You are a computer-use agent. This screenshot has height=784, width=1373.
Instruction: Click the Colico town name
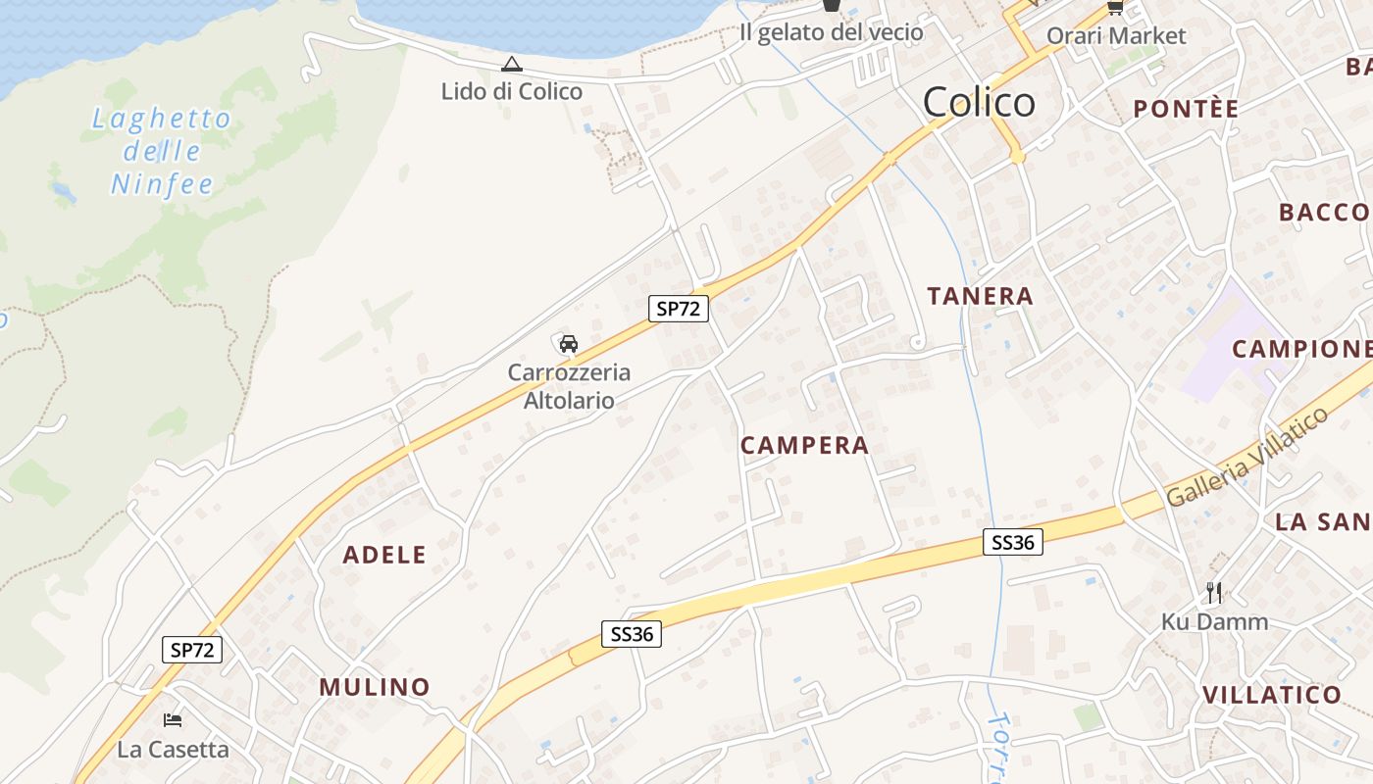click(979, 102)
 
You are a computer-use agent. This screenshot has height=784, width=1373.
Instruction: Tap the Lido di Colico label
click(511, 91)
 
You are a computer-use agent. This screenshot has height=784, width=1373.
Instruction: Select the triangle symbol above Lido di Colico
click(511, 65)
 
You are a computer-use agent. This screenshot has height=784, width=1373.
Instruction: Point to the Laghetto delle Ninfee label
click(162, 151)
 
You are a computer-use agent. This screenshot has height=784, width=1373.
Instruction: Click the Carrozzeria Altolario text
click(569, 386)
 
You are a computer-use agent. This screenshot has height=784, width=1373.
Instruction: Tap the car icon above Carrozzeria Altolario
click(569, 343)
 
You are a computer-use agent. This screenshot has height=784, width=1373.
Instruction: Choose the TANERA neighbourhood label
click(980, 296)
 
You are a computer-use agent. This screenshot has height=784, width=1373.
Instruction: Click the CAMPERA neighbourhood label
click(804, 446)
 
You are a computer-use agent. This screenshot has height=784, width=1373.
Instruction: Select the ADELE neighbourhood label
click(384, 555)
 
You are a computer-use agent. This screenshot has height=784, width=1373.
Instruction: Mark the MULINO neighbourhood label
click(375, 687)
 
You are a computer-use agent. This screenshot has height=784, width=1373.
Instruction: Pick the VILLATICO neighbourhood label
click(1271, 695)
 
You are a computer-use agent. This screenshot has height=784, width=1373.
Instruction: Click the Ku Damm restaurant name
click(1214, 621)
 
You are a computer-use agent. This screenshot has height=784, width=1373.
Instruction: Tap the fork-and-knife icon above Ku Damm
click(1214, 592)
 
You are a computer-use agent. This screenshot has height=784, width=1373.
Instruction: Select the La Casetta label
click(173, 750)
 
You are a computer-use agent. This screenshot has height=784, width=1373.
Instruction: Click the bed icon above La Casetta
click(173, 720)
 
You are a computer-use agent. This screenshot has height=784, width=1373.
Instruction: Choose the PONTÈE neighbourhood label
click(1186, 109)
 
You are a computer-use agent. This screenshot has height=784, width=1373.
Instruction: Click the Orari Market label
click(1116, 36)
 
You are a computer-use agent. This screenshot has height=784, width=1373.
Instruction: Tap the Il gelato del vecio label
click(831, 32)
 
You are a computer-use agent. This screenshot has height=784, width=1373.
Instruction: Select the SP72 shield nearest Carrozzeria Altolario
click(679, 309)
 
